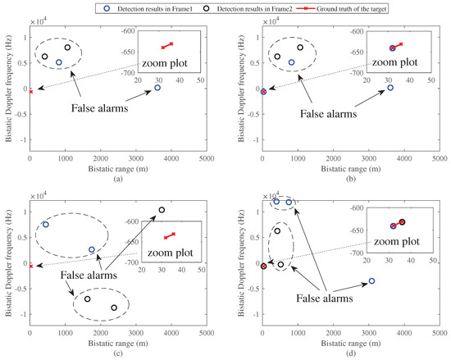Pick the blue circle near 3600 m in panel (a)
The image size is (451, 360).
(x=157, y=88)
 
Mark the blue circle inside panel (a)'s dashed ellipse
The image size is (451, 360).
(x=59, y=62)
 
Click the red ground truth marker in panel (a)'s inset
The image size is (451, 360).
(x=167, y=45)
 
